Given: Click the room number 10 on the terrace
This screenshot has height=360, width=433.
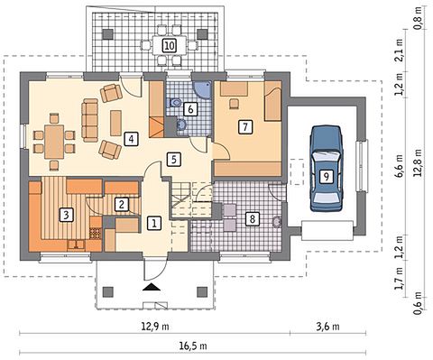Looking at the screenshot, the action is pos(170,46).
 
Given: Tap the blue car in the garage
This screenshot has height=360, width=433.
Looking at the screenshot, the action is pos(326,169).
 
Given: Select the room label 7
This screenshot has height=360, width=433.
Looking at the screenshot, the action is pos(245,126).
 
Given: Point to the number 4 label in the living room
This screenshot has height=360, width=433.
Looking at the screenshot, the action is pos(132,139).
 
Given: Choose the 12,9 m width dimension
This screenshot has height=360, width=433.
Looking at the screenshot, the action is pos(155,327).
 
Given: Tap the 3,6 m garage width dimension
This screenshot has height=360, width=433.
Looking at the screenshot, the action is pos(327,327).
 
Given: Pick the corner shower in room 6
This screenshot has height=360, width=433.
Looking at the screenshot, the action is pos(202,89).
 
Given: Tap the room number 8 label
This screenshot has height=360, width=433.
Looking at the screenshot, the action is pos(252,218).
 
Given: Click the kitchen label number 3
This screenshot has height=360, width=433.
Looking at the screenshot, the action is pos(66,215).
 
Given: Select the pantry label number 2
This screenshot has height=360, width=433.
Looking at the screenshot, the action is pos(122,205).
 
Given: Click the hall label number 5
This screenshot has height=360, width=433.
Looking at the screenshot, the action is pos(174,160).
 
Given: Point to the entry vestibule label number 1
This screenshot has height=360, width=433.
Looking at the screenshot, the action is pos(154,224).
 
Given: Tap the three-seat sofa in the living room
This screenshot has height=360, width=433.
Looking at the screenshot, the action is pos(90,120).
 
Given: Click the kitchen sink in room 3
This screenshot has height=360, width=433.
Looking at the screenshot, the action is pos(77,245).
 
